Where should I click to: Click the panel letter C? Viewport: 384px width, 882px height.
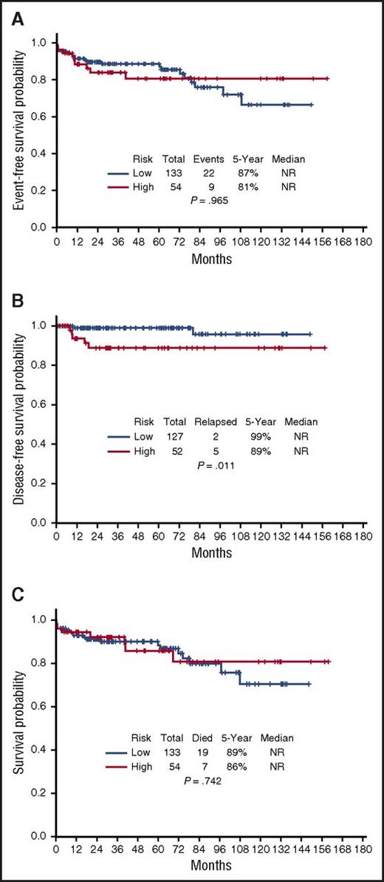point(11,597)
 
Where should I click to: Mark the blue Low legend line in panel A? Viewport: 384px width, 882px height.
point(119,174)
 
